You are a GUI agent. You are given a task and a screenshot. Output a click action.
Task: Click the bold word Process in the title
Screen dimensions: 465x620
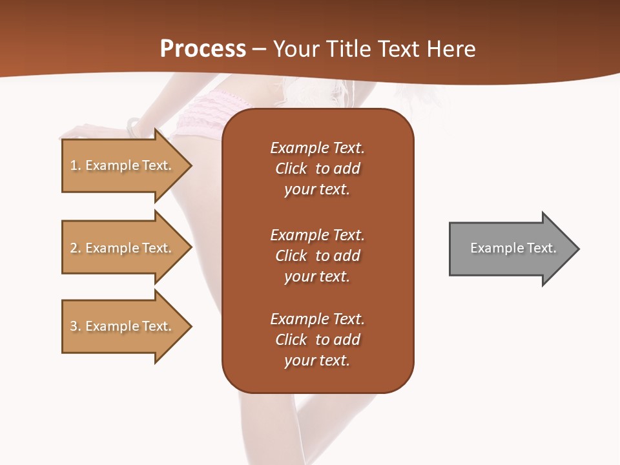203,49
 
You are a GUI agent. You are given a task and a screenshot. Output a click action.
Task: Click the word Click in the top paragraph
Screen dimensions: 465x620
291,169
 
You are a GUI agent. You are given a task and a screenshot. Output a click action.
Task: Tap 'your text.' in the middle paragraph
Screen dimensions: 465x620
316,276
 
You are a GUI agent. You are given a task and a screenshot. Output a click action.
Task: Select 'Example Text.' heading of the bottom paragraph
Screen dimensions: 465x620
317,319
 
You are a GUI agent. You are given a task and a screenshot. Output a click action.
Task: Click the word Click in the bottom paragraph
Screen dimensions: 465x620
291,340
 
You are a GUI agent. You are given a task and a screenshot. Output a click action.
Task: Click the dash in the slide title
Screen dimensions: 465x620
259,50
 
